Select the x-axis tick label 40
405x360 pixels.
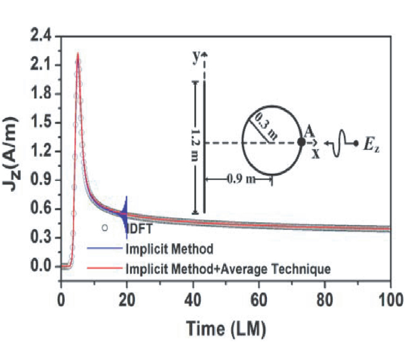click(x=193, y=297)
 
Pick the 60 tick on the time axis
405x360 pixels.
click(x=258, y=297)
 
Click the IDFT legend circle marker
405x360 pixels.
click(x=104, y=228)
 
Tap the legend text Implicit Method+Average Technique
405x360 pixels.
click(x=229, y=269)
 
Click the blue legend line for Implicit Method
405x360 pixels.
click(x=104, y=248)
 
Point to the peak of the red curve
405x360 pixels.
click(x=78, y=54)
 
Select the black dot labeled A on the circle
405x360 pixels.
click(x=301, y=142)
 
